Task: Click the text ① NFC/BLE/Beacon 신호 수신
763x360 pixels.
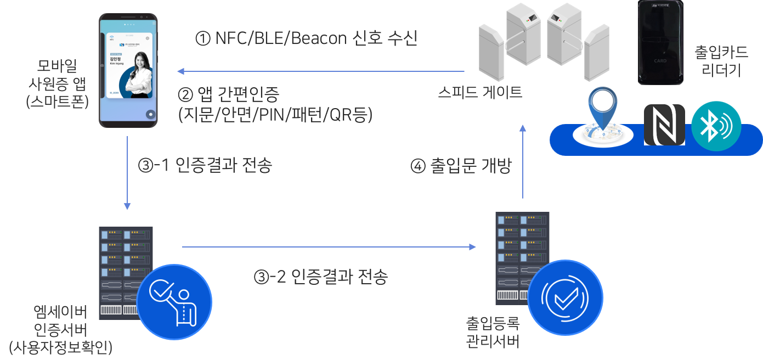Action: click(306, 38)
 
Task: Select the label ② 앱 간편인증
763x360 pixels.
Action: click(229, 95)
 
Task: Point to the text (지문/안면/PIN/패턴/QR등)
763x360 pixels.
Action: click(275, 115)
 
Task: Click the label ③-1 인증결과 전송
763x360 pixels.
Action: click(205, 166)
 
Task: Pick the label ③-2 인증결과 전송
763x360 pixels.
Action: click(321, 277)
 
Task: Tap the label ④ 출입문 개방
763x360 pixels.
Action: click(461, 166)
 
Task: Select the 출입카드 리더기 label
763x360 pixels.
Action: click(721, 61)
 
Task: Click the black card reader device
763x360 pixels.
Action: click(660, 43)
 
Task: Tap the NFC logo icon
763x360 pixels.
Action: click(664, 125)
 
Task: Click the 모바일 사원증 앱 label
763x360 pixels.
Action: click(57, 83)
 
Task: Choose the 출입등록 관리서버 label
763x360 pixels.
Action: click(492, 331)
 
